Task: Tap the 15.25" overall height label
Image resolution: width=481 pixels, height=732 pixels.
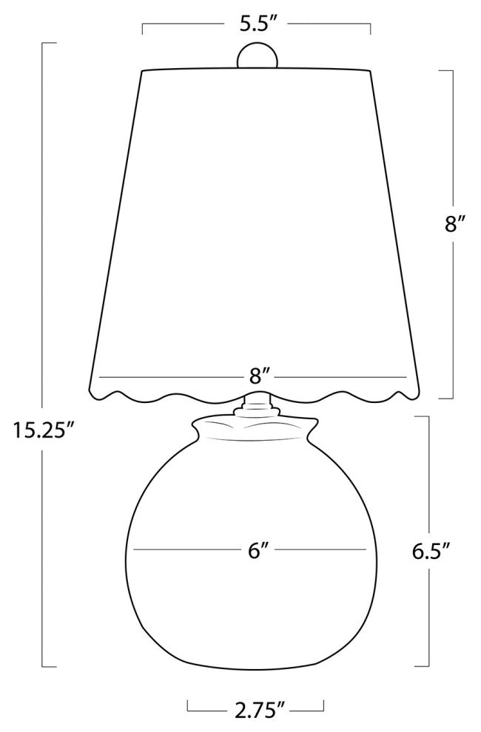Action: click(x=44, y=430)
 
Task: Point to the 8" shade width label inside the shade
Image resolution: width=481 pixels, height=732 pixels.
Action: click(x=257, y=376)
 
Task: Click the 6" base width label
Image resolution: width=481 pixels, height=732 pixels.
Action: click(x=257, y=551)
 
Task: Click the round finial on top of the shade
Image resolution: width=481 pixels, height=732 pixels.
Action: click(x=256, y=57)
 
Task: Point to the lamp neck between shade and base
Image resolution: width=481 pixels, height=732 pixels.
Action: click(x=256, y=404)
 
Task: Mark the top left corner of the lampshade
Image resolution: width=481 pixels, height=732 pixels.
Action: click(x=141, y=72)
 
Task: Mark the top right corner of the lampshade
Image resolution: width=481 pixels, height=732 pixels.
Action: click(x=370, y=72)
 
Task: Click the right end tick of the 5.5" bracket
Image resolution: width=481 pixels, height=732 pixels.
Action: click(x=369, y=30)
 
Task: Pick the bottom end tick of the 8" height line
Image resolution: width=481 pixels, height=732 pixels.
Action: click(x=445, y=398)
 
